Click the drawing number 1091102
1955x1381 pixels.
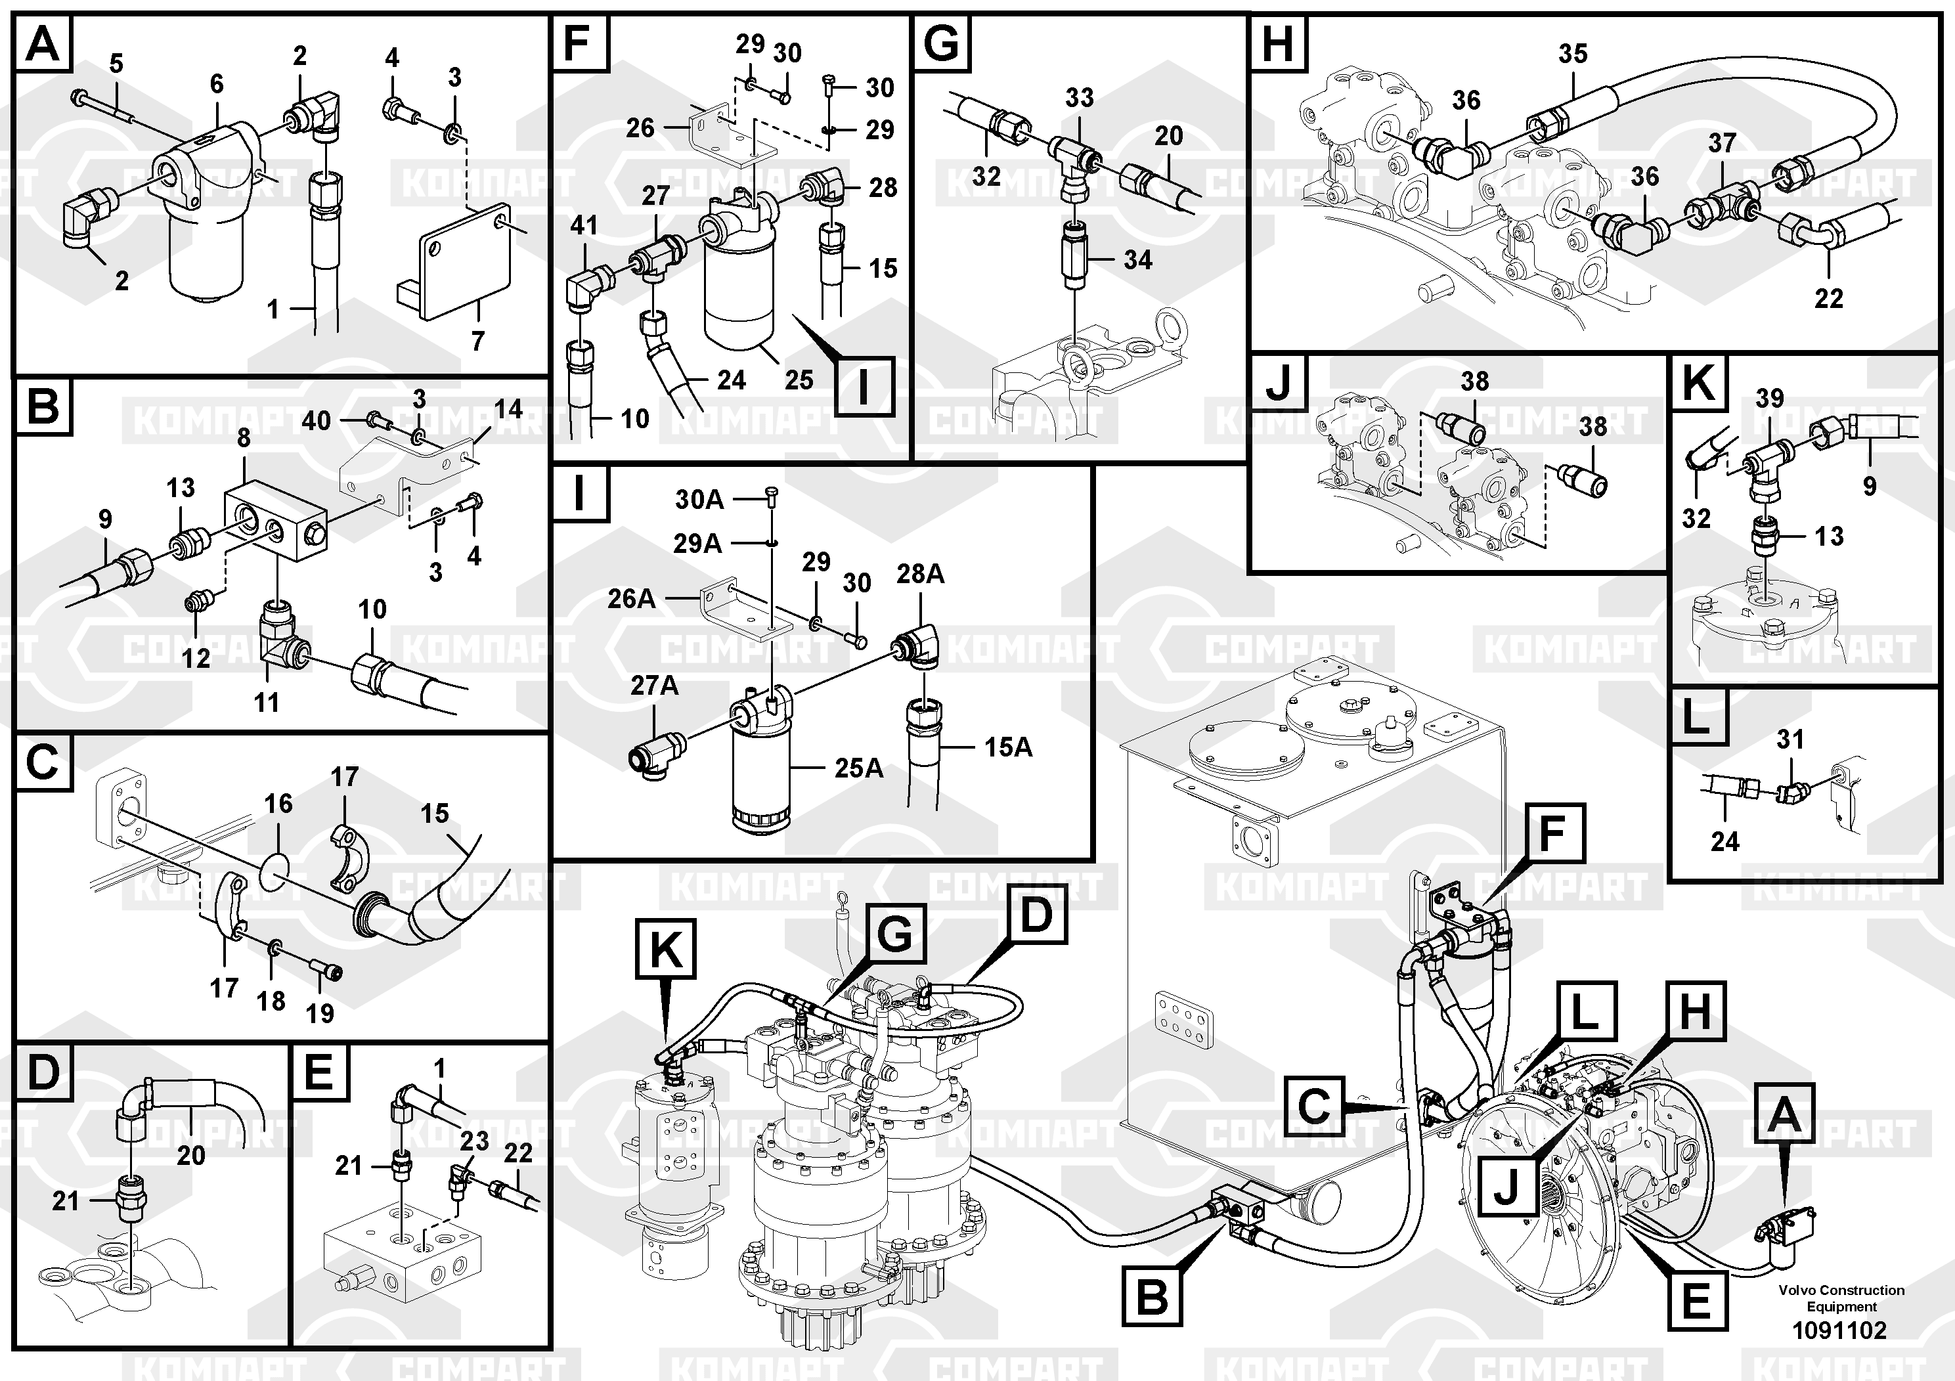[x=1839, y=1330]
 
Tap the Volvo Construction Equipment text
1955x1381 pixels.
[x=1841, y=1298]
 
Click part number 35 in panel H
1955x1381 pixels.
[x=1573, y=54]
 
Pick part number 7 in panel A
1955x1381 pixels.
[x=477, y=341]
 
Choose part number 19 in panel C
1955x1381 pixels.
[x=320, y=1013]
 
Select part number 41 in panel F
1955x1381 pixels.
[x=584, y=226]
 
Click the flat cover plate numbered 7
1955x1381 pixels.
[x=454, y=262]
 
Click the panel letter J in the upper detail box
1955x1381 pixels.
[x=1278, y=382]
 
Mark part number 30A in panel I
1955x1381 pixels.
[x=699, y=499]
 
